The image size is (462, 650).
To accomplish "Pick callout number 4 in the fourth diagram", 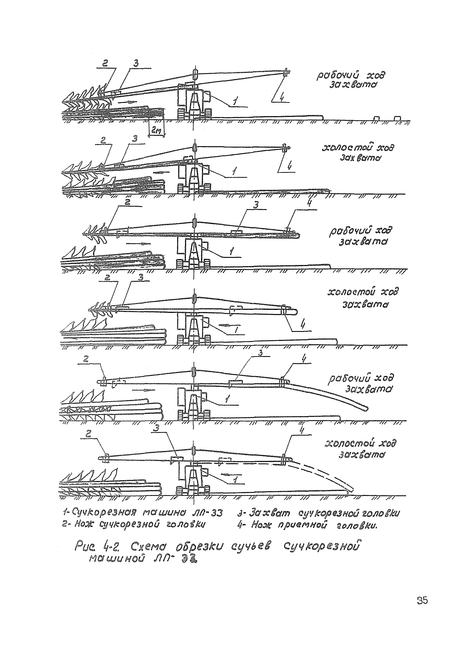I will tap(303, 325).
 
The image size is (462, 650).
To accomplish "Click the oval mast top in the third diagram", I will tap(195, 222).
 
